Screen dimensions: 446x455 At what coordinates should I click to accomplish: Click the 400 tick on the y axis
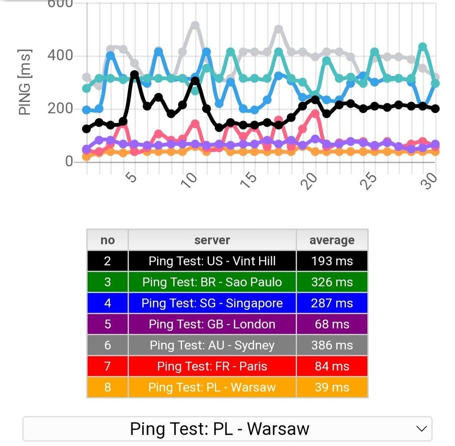point(60,56)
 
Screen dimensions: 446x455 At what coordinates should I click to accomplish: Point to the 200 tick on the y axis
point(60,108)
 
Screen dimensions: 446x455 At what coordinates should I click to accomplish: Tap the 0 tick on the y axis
point(68,162)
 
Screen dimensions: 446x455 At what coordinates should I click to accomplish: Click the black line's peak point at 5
point(134,74)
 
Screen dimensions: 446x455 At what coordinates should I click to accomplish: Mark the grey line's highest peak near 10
point(195,25)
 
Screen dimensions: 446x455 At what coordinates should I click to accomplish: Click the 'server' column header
point(212,240)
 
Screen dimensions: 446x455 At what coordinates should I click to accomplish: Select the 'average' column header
point(332,240)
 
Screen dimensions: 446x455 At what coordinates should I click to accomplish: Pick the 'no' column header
point(107,240)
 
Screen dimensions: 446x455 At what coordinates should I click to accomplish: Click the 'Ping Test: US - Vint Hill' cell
point(212,261)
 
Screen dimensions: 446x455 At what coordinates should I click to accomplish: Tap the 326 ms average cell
point(332,282)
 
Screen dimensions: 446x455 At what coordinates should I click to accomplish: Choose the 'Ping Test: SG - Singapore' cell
point(212,303)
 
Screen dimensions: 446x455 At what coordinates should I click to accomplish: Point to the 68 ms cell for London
point(332,324)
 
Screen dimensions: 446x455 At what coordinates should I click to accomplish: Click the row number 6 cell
point(107,345)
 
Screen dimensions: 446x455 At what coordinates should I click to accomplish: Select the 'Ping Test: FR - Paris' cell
point(212,366)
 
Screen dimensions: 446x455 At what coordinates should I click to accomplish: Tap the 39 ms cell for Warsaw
point(332,388)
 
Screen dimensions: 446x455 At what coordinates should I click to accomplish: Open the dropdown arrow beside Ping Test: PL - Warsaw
point(422,429)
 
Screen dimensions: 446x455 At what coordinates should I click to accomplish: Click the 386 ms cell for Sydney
point(332,345)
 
